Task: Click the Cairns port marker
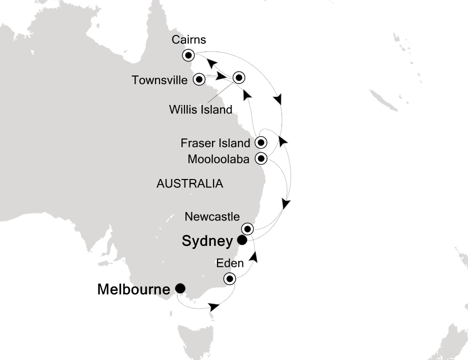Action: [188, 55]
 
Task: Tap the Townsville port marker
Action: [199, 79]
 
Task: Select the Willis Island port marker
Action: [238, 77]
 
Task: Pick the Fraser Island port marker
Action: [260, 142]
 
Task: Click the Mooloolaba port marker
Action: [260, 159]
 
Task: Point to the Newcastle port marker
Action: [248, 229]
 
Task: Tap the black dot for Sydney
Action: [242, 240]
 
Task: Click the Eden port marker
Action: [229, 279]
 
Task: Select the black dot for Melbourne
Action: [179, 288]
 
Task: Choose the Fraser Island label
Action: [215, 143]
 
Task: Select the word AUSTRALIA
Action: [189, 183]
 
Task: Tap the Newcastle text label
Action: [212, 216]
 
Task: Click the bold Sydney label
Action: [207, 242]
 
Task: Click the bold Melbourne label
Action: [134, 289]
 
